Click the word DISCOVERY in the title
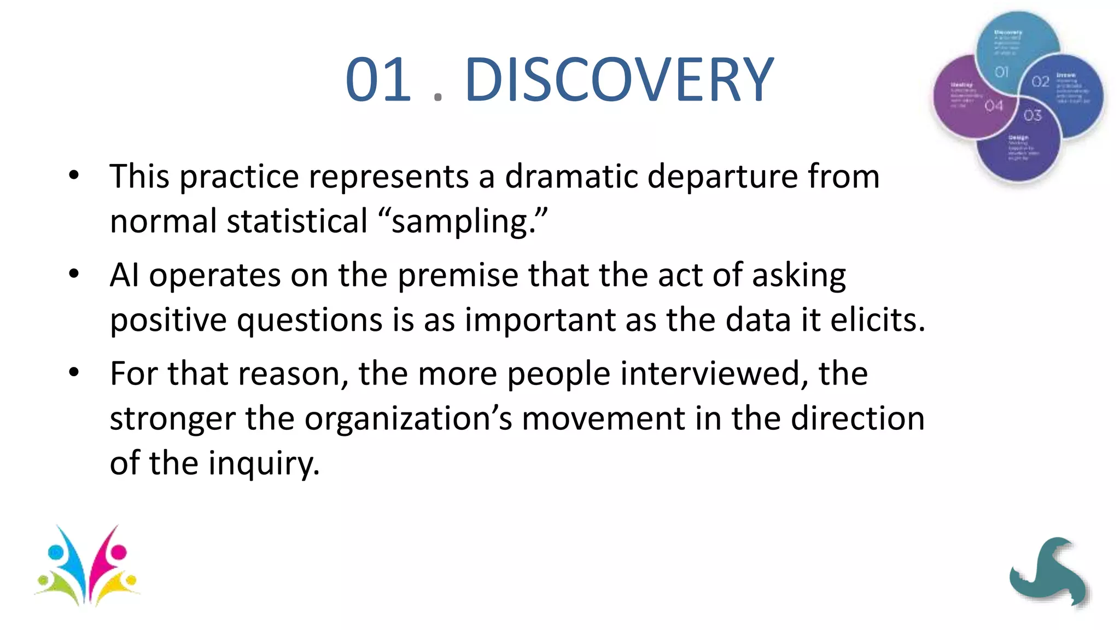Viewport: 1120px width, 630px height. (619, 80)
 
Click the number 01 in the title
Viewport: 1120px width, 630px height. (378, 80)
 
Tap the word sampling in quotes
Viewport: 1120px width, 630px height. (459, 222)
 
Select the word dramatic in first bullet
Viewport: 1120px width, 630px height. (571, 177)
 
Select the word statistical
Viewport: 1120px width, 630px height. (297, 221)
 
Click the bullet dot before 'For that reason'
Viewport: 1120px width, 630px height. (74, 373)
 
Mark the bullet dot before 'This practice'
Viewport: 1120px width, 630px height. (74, 176)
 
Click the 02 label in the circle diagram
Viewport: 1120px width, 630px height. (1040, 82)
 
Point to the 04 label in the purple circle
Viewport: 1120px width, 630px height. (994, 106)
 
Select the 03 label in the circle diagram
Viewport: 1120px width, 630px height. (1032, 115)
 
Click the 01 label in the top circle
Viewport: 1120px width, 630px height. (1001, 72)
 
